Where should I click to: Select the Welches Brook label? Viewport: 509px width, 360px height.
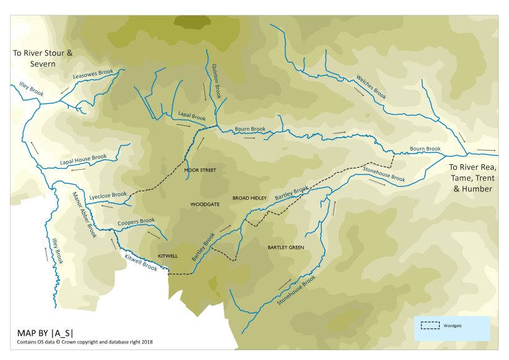(x=371, y=87)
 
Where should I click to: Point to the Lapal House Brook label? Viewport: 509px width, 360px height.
(x=83, y=161)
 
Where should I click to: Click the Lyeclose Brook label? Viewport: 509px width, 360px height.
(x=108, y=196)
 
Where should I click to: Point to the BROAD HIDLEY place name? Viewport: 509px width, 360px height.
(x=249, y=198)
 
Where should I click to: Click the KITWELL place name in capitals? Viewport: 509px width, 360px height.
(x=167, y=255)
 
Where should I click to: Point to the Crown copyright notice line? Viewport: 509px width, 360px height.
(x=85, y=341)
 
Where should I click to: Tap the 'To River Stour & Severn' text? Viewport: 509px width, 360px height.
(x=43, y=59)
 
